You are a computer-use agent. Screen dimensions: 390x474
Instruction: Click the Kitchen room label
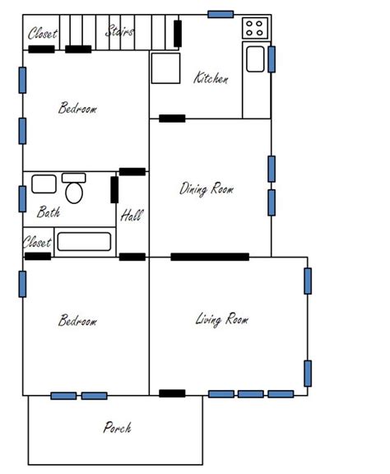[x=211, y=77]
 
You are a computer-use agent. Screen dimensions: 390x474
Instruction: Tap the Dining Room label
[x=207, y=189]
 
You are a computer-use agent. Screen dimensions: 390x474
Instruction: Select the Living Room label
[x=222, y=319]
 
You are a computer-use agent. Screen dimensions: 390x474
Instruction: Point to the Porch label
[x=118, y=427]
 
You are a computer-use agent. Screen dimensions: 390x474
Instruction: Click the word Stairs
[x=119, y=30]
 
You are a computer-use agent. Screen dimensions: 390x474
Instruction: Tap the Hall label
[x=132, y=216]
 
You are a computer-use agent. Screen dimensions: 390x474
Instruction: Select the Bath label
[x=49, y=211]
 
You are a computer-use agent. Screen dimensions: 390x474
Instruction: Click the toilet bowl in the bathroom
[x=74, y=193]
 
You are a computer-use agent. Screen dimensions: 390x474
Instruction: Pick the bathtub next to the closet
[x=84, y=242]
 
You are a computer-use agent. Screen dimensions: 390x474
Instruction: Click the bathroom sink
[x=44, y=184]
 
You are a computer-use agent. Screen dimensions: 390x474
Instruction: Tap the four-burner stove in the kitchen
[x=255, y=28]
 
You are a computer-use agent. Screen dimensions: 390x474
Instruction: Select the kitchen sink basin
[x=255, y=59]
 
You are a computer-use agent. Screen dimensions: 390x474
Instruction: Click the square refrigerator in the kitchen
[x=165, y=68]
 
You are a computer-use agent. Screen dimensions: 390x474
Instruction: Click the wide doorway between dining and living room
[x=210, y=257]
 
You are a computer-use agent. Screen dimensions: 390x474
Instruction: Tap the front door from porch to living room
[x=172, y=393]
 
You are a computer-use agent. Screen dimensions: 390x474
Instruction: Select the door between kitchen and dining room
[x=172, y=118]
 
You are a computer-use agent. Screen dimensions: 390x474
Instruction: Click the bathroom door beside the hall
[x=114, y=190]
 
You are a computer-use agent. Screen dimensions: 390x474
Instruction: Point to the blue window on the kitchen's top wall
[x=221, y=14]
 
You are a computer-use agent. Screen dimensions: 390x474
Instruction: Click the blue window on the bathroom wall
[x=22, y=199]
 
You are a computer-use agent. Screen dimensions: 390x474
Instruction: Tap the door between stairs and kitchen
[x=178, y=34]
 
